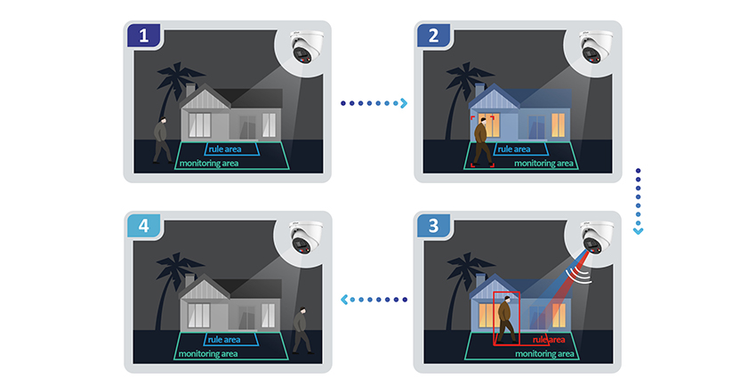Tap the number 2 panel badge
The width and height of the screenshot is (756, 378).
pos(433,36)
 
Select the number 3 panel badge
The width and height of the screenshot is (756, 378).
pos(433,227)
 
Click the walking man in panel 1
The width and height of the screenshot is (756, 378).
pos(162,139)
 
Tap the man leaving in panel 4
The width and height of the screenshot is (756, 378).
pos(302,329)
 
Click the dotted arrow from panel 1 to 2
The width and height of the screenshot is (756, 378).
pos(374,104)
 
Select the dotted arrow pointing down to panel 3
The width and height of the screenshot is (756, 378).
pos(638,200)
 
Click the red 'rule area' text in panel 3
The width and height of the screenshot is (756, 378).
pos(550,340)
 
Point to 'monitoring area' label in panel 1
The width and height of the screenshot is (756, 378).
pos(210,164)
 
